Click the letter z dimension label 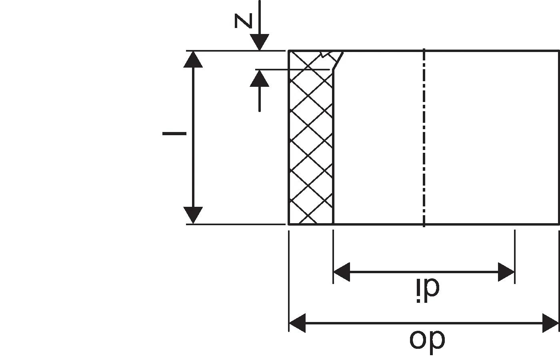click(243, 21)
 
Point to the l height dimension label click(174, 133)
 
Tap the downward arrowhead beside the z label click(260, 42)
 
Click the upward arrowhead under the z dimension click(260, 78)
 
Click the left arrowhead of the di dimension click(342, 272)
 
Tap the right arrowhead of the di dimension click(506, 272)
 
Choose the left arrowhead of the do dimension click(297, 323)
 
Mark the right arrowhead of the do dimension click(550, 323)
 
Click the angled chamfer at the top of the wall click(338, 61)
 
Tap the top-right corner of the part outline click(559, 51)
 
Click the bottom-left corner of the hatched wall click(289, 224)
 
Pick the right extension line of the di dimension click(515, 256)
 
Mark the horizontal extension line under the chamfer click(292, 69)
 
